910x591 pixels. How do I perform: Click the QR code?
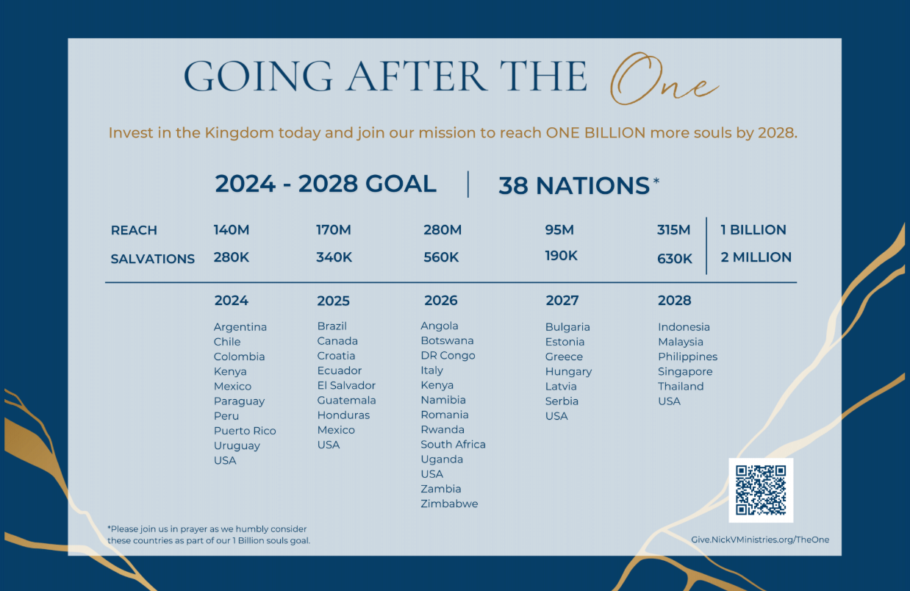761,490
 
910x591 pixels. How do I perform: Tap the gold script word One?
664,79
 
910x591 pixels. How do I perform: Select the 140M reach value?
232,230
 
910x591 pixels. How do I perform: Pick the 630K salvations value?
674,259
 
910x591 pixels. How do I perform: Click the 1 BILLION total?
753,230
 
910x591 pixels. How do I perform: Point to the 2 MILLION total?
756,257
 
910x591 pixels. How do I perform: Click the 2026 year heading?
441,301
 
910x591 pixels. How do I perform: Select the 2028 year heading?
674,301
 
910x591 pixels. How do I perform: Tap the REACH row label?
134,230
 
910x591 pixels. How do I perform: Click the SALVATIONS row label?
153,259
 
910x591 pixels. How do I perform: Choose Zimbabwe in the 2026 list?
449,504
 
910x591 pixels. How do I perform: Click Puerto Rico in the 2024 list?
245,431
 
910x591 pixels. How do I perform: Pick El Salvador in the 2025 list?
346,385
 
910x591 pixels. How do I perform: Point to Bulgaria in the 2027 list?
567,327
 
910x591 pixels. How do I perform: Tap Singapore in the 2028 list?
685,372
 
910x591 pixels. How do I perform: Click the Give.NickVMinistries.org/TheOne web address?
760,540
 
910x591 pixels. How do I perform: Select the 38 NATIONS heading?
574,186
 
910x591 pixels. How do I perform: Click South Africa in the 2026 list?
453,445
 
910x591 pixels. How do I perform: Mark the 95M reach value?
559,230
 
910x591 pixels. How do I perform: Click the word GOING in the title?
259,76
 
